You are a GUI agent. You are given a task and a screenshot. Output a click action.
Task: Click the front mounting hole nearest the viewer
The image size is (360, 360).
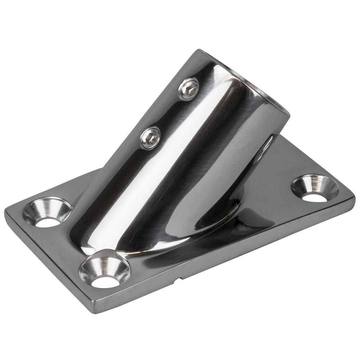click(104, 270)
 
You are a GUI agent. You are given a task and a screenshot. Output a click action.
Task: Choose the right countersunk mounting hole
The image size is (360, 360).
click(315, 188)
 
